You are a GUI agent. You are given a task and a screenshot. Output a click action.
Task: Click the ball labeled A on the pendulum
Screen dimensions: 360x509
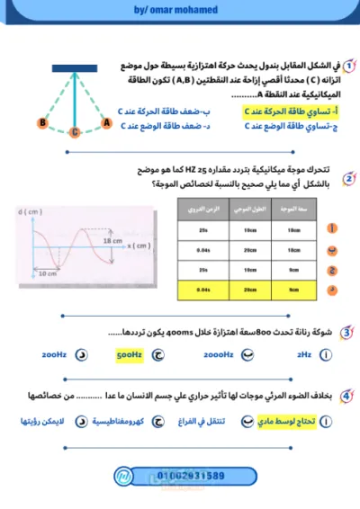point(106,121)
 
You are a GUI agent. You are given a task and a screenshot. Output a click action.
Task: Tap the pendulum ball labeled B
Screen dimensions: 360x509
point(42,121)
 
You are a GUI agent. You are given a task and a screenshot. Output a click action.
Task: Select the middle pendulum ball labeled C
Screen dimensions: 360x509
point(75,130)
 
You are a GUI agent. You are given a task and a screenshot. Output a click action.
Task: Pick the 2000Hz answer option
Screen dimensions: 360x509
point(219,356)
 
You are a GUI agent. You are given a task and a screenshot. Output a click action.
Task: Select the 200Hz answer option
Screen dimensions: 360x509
point(55,356)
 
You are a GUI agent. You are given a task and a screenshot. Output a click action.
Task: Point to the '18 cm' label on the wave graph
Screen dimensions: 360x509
point(112,242)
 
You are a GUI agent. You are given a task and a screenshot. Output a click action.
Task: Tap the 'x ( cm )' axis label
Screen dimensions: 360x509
point(137,245)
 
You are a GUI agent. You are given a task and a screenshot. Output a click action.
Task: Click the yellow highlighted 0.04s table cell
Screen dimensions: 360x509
point(202,290)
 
